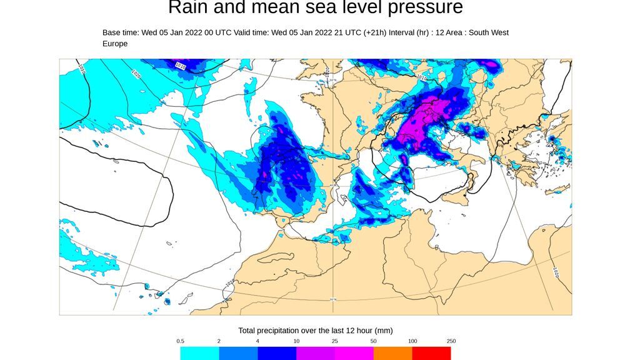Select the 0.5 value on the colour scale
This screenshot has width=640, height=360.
(x=180, y=341)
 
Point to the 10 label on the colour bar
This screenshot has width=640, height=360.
(x=296, y=341)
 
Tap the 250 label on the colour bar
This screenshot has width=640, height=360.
(x=451, y=341)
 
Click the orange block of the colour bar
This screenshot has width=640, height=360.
(x=392, y=353)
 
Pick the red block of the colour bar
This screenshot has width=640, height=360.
(x=431, y=353)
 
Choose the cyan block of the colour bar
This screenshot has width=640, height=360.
(x=199, y=353)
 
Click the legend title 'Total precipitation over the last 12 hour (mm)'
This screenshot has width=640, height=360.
(x=315, y=330)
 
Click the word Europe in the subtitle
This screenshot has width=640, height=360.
(x=115, y=44)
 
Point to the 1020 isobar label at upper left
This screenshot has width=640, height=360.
(x=136, y=73)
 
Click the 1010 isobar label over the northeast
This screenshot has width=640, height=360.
(x=421, y=78)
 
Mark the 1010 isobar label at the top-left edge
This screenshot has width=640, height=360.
(x=181, y=65)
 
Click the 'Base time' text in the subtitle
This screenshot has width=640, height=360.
(x=121, y=32)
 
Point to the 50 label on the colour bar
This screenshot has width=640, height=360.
(x=373, y=341)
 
